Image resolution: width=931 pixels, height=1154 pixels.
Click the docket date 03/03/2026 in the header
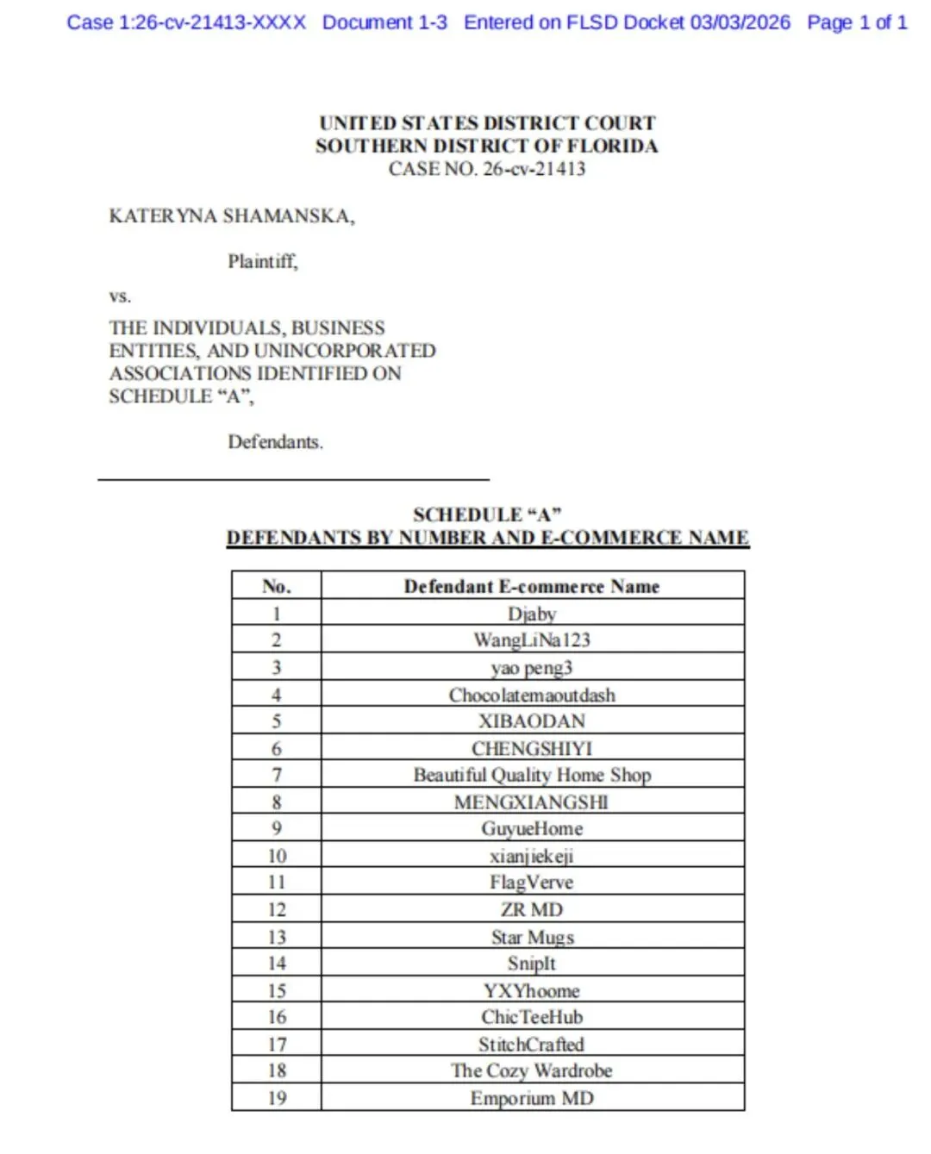coord(740,22)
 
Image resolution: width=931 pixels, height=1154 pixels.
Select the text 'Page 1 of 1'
coord(857,22)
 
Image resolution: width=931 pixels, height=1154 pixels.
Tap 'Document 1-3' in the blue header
coord(384,22)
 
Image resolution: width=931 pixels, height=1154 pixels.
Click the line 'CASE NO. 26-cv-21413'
coord(486,169)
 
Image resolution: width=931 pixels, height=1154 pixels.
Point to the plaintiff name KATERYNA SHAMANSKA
coord(231,215)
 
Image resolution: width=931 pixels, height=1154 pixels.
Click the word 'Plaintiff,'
coord(262,261)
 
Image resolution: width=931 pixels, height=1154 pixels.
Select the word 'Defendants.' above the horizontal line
coord(275,442)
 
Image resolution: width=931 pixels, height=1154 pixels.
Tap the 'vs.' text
coord(120,296)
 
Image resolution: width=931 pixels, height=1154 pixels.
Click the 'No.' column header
coord(276,586)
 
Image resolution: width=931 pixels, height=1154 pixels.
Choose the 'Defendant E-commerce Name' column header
coord(532,586)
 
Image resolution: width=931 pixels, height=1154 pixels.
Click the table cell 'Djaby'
coord(532,614)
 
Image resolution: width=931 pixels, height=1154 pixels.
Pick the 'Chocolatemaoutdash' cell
coord(532,695)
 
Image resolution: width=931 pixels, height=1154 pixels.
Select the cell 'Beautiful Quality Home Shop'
coord(532,775)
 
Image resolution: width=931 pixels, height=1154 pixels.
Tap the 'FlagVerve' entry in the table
coord(532,883)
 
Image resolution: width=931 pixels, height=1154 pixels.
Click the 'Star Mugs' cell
coord(532,937)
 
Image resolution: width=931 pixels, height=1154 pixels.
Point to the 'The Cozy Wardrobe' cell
coord(532,1070)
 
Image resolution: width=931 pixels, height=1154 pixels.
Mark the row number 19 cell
coord(276,1098)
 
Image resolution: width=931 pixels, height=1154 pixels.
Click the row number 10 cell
coord(276,856)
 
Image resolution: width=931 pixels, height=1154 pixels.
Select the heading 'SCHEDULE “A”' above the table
coord(487,515)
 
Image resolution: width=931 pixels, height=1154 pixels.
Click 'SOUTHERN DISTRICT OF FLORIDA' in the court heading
coord(486,146)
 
